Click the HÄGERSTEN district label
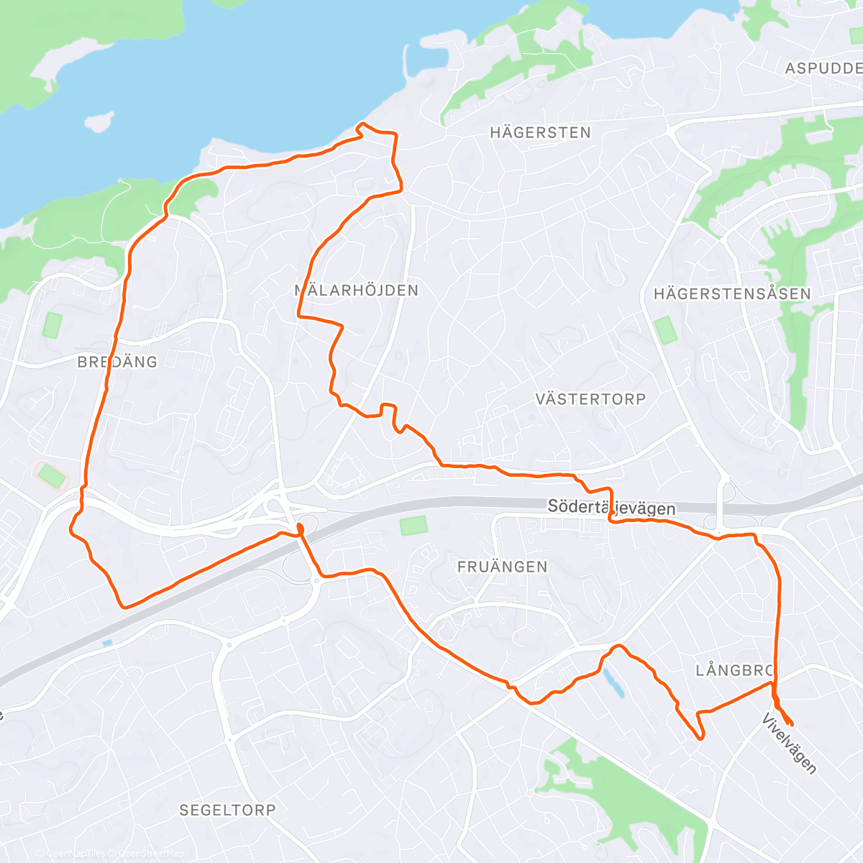(540, 132)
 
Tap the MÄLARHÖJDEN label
(357, 291)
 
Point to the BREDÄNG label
(117, 362)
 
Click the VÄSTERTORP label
(590, 399)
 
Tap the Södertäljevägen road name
(611, 508)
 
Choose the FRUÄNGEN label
(502, 567)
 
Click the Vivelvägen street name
(790, 744)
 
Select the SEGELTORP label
(227, 810)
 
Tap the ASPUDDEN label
(824, 68)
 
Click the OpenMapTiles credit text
(75, 854)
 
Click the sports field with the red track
(50, 475)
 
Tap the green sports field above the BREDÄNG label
(52, 325)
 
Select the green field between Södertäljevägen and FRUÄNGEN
(413, 525)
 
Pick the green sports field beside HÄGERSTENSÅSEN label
(666, 330)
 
